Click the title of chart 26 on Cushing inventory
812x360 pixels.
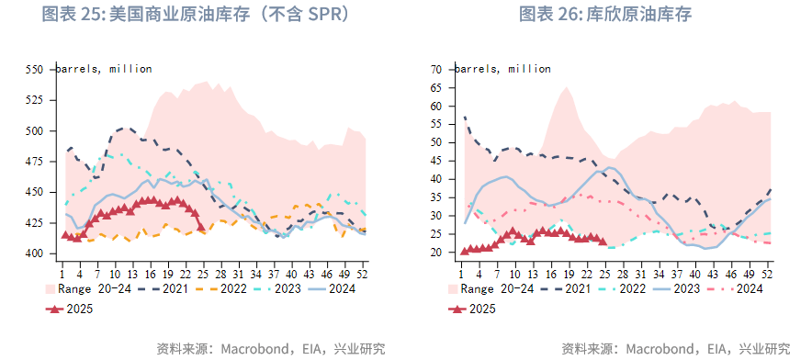(605, 15)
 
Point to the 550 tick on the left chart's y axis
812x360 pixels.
(34, 70)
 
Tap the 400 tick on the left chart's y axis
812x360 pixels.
(34, 253)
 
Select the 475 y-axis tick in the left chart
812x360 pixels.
(34, 162)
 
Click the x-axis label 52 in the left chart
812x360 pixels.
(362, 273)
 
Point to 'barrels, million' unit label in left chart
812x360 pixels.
(104, 69)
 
